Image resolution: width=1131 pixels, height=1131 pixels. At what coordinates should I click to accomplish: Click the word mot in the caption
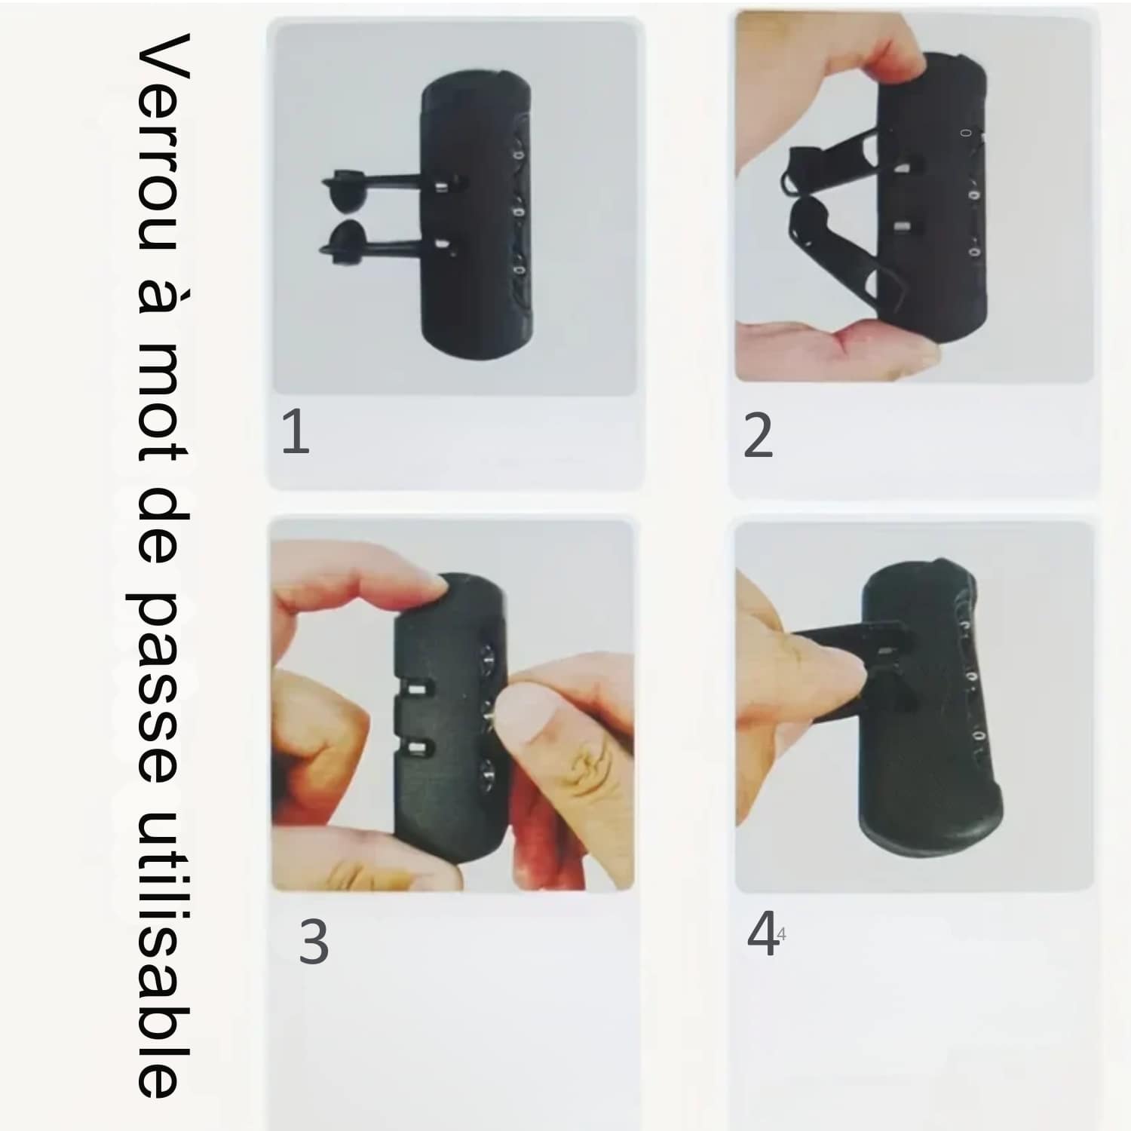[162, 406]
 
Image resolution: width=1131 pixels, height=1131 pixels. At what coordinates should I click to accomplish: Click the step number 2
[758, 435]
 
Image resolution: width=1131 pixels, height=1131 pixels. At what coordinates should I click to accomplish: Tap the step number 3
[314, 942]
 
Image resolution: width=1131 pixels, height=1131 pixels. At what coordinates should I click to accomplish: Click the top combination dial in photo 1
[517, 152]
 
